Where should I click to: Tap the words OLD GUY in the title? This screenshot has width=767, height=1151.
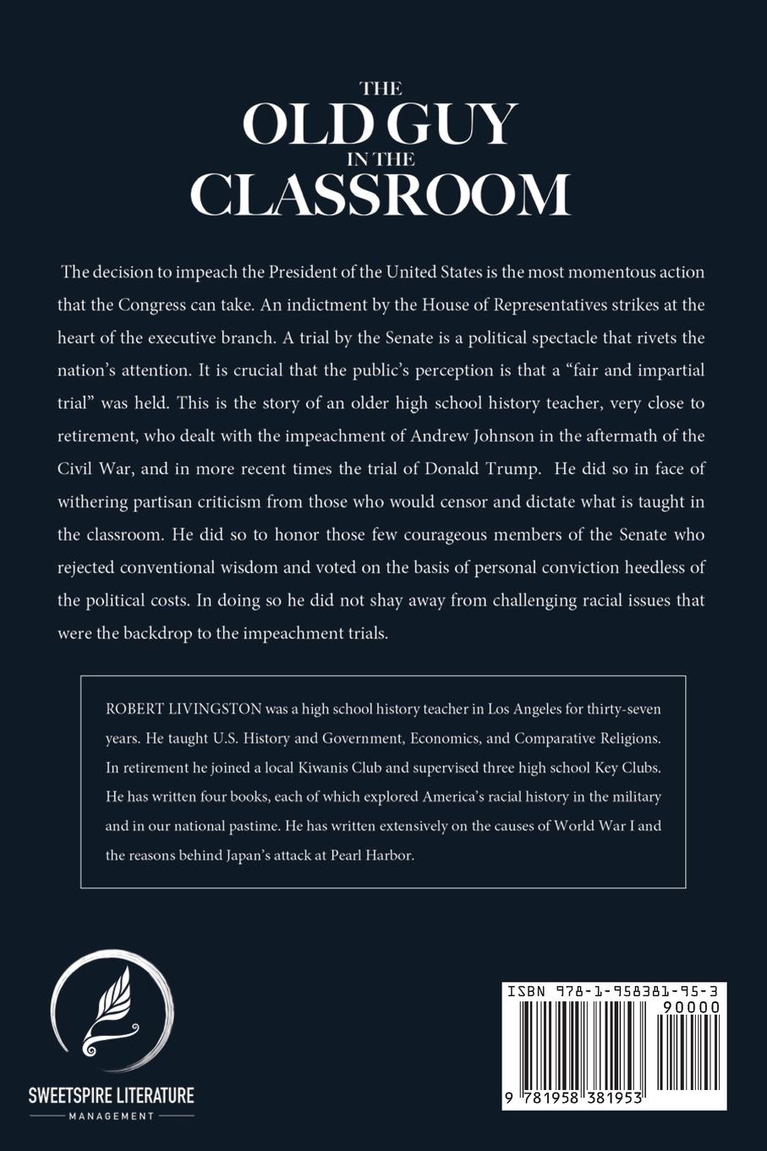pyautogui.click(x=380, y=124)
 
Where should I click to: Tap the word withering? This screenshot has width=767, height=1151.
pyautogui.click(x=92, y=502)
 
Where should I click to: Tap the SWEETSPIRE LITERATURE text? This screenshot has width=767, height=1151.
pyautogui.click(x=112, y=1095)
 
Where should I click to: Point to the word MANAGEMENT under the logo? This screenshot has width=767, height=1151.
pyautogui.click(x=112, y=1116)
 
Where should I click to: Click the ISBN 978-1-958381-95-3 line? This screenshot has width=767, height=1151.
pyautogui.click(x=614, y=991)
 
